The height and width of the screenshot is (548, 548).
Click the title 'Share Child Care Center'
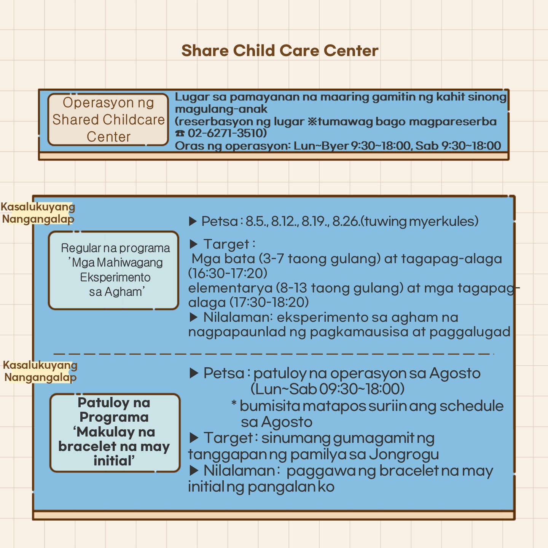pos(280,51)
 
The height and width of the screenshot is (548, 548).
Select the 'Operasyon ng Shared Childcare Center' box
pos(108,120)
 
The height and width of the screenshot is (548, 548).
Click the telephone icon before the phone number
pos(180,133)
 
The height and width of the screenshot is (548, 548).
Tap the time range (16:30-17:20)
pos(228,273)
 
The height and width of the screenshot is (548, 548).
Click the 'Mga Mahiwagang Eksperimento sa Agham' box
pos(113,270)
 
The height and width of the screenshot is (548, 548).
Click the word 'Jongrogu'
pos(404,454)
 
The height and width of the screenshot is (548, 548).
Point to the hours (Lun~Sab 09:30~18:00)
pos(327,389)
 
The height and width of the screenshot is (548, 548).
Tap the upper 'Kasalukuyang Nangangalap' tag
pos(38,213)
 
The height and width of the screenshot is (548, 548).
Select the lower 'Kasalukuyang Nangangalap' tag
pos(40,371)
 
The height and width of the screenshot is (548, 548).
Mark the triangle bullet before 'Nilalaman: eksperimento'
pos(193,317)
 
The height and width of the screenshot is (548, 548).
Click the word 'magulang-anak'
pos(221,109)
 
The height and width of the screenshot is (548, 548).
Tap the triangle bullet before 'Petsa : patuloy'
pos(194,373)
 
